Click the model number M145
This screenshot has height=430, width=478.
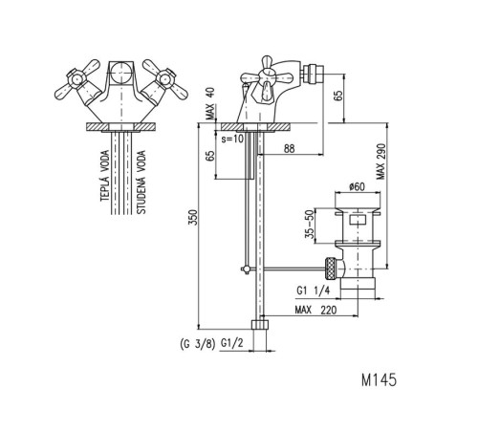[x=379, y=379]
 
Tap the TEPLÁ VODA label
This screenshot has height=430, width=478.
[x=105, y=176]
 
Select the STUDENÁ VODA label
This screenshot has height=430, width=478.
[x=141, y=182]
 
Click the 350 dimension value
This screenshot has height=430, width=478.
[x=193, y=217]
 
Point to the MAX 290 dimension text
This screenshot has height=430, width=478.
[x=380, y=161]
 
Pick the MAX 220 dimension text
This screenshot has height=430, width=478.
[x=315, y=310]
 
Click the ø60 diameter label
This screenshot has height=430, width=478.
[x=357, y=186]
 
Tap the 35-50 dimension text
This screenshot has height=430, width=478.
[x=309, y=225]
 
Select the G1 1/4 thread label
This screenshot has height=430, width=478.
[x=314, y=290]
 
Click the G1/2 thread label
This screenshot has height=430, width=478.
[x=232, y=343]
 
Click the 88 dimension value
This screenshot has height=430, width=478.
[x=289, y=148]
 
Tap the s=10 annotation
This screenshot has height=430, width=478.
[x=232, y=139]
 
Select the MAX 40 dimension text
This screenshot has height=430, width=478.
[x=210, y=103]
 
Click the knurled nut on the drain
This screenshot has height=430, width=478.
[x=331, y=269]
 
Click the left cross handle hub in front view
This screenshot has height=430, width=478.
[x=76, y=78]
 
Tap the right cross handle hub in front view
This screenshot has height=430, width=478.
[x=165, y=78]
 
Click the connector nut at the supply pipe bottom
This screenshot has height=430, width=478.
[x=260, y=324]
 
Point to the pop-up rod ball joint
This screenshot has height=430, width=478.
[x=246, y=269]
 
